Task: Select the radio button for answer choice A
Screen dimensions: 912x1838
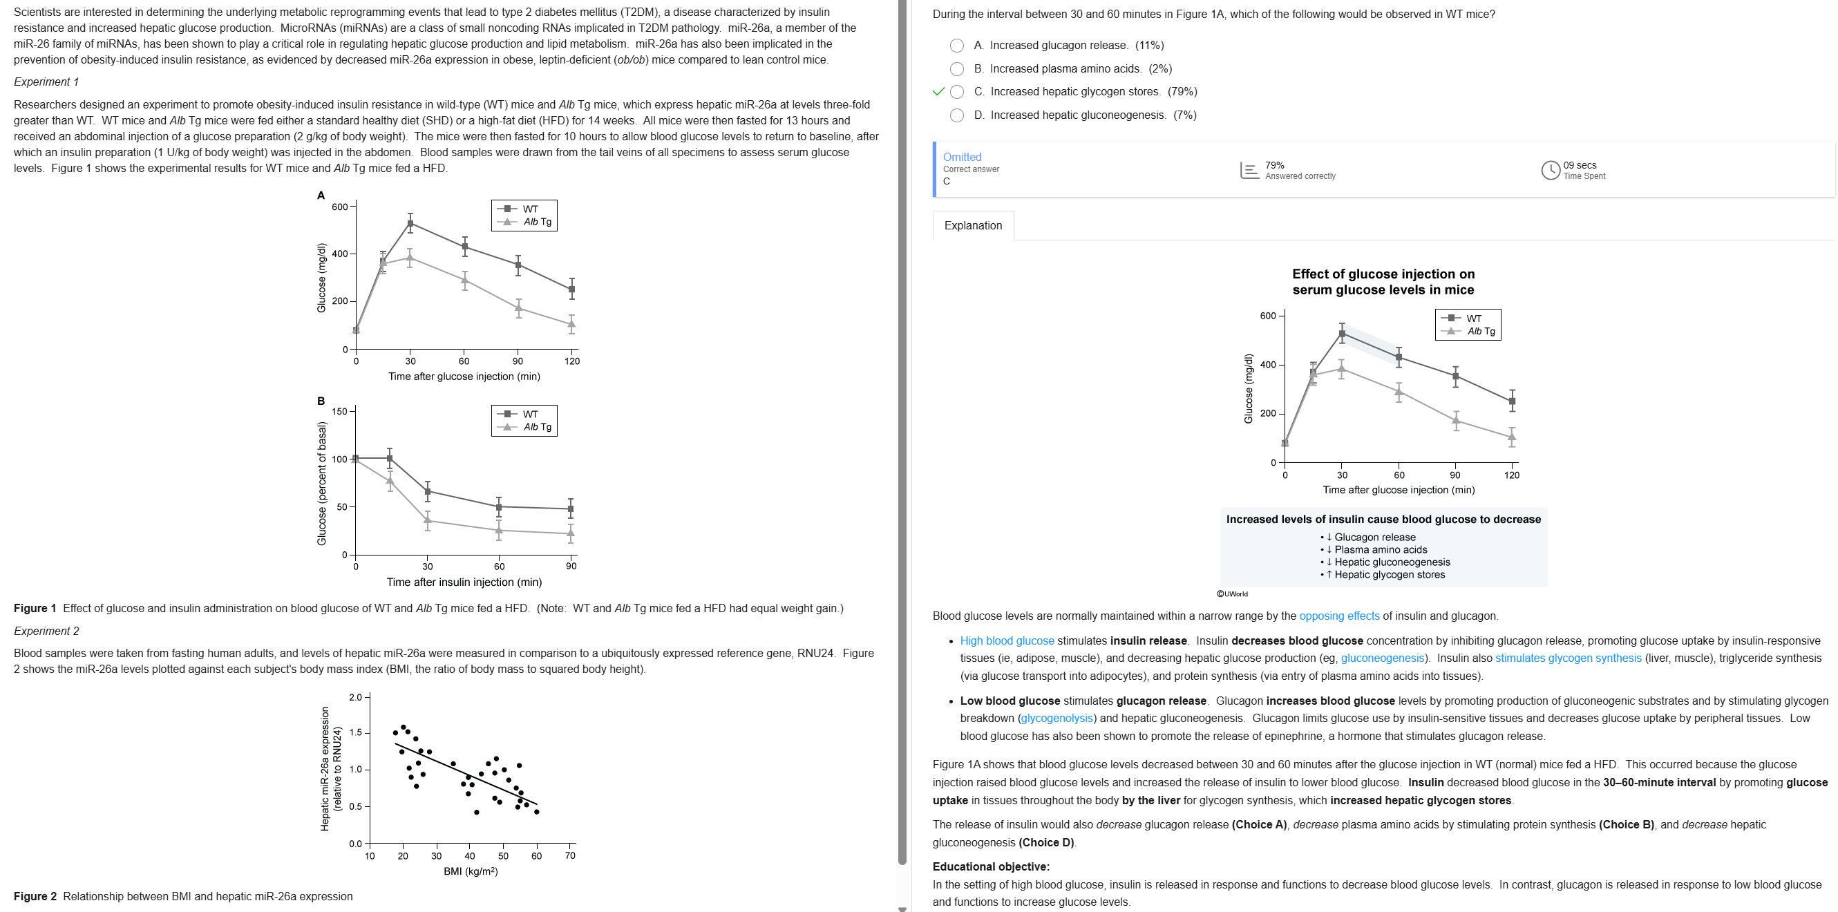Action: coord(957,46)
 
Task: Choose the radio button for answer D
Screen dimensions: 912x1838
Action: coord(957,115)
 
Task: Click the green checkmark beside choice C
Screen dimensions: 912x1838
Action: coord(938,91)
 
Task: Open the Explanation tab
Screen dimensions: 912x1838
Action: coord(972,225)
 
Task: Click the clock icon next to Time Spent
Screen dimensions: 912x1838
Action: coord(1550,170)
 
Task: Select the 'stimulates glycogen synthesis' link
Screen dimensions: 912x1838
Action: coord(1568,658)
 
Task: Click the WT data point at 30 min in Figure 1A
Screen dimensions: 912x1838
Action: coord(410,224)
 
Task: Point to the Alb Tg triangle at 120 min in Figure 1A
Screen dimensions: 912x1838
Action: coord(571,324)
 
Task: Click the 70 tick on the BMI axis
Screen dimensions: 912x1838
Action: coord(570,855)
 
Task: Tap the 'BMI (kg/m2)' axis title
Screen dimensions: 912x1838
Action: coord(470,871)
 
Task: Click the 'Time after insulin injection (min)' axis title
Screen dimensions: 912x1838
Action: coord(464,582)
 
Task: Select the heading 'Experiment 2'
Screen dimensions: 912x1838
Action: coord(46,631)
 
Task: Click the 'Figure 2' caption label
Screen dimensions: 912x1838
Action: coord(35,896)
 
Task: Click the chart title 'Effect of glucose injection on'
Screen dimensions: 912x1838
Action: coord(1383,274)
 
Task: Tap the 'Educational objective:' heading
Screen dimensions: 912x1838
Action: coord(990,866)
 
